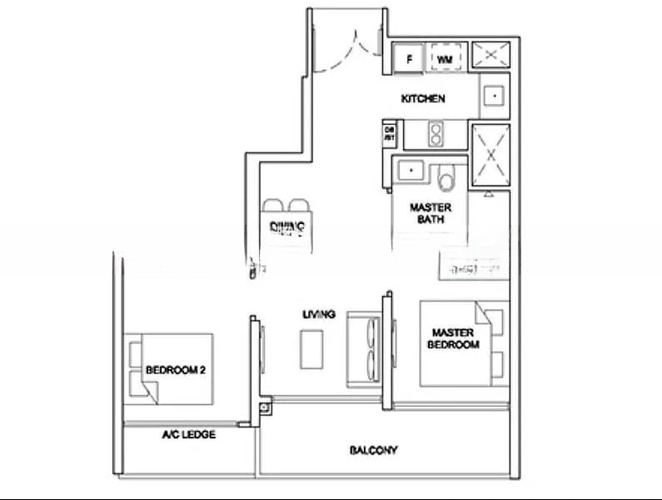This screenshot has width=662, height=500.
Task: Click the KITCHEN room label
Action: tap(423, 99)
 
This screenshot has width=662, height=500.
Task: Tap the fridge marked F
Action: tap(410, 59)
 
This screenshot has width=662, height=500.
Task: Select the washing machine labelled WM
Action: tap(445, 59)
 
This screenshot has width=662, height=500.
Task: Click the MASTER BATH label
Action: tap(431, 213)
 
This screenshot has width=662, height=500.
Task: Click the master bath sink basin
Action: tap(410, 169)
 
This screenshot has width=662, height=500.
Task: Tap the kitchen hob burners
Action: tap(435, 132)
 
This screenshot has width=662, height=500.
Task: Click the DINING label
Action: tap(287, 227)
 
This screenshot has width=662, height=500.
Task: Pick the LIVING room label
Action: tap(319, 315)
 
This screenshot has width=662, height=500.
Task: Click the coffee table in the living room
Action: tap(312, 348)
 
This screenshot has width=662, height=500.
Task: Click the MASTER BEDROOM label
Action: tap(453, 337)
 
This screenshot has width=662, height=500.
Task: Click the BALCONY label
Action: tap(372, 451)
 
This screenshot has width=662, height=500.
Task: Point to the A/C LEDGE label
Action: tap(188, 435)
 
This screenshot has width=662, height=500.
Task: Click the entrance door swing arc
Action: tap(346, 50)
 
